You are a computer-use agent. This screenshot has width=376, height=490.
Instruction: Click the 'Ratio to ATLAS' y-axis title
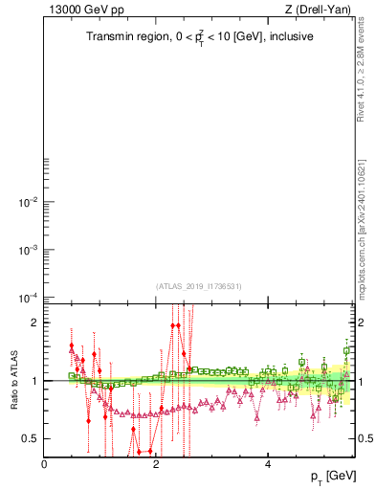point(14,380)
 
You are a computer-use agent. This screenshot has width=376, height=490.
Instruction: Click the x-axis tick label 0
point(45,465)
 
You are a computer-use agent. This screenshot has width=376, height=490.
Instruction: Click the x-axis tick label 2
point(157,465)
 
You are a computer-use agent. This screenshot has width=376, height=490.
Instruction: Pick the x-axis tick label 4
point(269,465)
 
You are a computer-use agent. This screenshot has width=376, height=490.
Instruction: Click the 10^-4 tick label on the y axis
point(27,298)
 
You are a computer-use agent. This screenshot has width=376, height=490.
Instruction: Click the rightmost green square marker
point(346,351)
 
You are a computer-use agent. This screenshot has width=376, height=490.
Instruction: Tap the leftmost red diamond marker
point(71,346)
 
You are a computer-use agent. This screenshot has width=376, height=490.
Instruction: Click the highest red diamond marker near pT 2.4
point(179,325)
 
